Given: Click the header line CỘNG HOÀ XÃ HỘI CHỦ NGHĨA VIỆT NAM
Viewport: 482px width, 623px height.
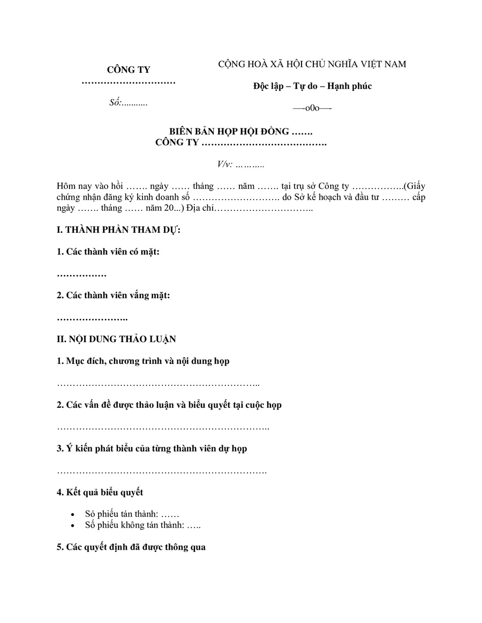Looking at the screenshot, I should [312, 64].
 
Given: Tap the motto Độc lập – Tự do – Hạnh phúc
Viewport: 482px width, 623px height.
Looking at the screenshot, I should [313, 86].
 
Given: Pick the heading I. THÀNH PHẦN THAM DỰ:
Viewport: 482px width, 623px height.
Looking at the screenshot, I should [118, 230].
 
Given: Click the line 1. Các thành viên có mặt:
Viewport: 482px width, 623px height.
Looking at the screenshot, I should [108, 252].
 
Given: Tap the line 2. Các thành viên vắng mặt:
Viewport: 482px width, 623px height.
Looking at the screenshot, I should [114, 295].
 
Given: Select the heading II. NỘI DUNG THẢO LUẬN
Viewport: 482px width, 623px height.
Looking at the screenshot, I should [116, 339].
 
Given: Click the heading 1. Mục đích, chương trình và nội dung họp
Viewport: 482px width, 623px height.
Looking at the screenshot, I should [143, 361].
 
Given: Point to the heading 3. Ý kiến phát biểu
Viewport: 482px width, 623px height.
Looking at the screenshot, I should [152, 449].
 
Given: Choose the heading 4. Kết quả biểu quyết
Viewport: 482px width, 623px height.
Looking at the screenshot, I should [100, 492].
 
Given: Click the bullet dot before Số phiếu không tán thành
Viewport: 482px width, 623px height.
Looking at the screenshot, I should [73, 526].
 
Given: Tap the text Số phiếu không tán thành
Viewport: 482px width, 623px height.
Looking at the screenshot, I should [134, 526].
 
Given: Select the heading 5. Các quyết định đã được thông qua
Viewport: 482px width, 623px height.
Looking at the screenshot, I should [131, 548].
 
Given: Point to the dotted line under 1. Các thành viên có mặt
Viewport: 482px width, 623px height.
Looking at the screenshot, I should [81, 275].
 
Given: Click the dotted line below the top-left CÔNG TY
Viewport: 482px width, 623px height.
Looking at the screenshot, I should [129, 83].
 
